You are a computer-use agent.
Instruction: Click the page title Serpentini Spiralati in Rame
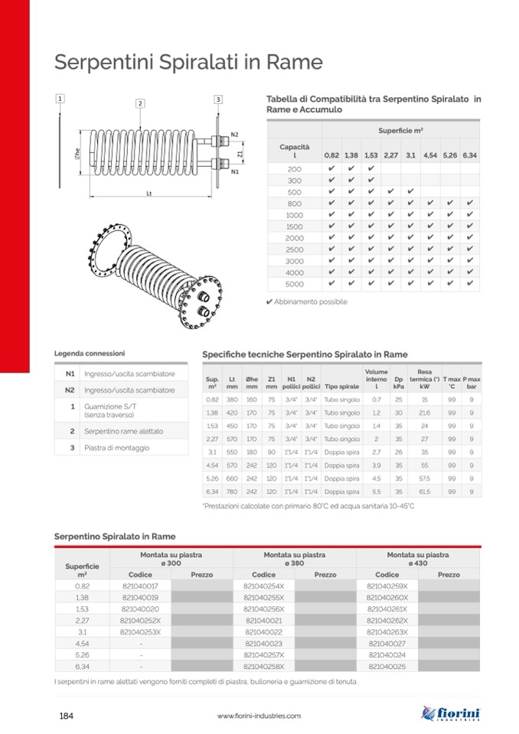pos(188,62)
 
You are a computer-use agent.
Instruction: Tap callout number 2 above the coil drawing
pos(140,103)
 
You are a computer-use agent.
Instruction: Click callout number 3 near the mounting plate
pos(218,99)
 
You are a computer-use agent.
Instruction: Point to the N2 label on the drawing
pos(235,135)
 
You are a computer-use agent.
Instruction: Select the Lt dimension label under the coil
pos(149,194)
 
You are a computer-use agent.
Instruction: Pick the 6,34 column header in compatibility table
pos(469,155)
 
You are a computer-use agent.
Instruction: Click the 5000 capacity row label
pos(294,284)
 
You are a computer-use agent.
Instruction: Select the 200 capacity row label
pos(294,168)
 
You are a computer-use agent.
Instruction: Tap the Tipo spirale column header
pos(341,387)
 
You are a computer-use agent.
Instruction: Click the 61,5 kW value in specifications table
pos(424,491)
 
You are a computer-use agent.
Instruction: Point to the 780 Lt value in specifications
pos(232,491)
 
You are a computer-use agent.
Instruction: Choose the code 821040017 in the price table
pos(140,585)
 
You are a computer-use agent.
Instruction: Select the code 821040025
pos(387,666)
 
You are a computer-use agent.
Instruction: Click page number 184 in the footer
pos(66,716)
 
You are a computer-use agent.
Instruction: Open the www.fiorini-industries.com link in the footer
pos(259,716)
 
